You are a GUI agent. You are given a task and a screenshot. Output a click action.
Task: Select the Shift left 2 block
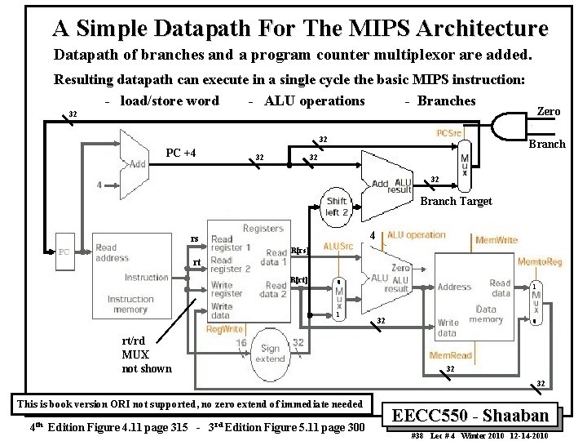point(337,206)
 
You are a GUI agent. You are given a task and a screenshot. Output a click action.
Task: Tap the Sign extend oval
point(270,352)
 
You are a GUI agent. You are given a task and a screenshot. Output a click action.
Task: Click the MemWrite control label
point(497,240)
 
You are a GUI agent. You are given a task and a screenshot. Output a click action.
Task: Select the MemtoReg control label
point(539,261)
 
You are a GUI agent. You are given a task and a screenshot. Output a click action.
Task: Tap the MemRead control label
point(451,356)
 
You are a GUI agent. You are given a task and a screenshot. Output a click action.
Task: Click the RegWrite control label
point(224,329)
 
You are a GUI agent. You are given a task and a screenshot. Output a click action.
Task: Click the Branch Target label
point(456,201)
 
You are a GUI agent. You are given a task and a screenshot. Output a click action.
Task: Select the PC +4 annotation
point(181,153)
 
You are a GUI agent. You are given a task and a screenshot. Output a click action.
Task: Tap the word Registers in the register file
point(263,229)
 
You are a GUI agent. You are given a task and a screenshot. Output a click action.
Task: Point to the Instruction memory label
point(130,304)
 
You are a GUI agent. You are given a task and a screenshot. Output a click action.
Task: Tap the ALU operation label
point(416,235)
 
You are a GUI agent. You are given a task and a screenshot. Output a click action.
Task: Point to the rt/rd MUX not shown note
point(147,355)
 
